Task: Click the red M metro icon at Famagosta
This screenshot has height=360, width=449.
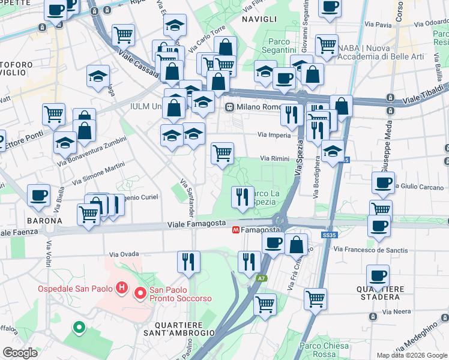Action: point(237,230)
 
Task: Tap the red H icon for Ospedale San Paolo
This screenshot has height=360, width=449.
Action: point(122,289)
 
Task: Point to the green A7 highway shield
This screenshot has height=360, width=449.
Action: point(262,278)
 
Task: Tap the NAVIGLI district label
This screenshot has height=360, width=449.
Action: point(259,20)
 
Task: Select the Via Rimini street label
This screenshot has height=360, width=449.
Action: point(275,158)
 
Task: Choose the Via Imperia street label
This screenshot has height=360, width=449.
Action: point(274,135)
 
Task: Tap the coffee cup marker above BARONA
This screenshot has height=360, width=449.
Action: point(39,195)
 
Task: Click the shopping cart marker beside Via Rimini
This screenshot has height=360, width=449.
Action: point(222,153)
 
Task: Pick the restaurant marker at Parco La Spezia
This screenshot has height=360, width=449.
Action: point(243,197)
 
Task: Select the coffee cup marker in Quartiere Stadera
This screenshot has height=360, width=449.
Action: point(378,275)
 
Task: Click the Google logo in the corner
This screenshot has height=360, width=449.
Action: point(20,352)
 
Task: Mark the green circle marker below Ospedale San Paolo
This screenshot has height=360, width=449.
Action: point(78,328)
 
